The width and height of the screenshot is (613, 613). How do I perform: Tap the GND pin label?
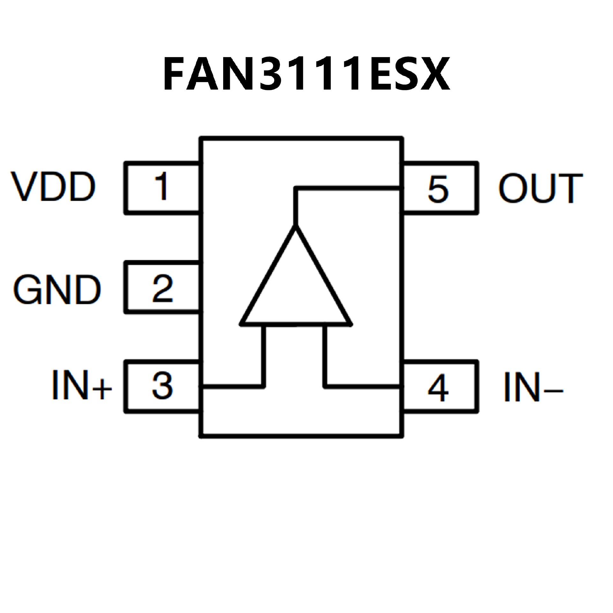pos(57,290)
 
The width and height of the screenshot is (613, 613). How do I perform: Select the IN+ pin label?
pos(81,385)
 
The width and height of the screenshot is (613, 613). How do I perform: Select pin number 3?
pos(162,385)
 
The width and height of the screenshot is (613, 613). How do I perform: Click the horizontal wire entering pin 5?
pos(348,189)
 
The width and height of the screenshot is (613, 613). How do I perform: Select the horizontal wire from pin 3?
pos(233,387)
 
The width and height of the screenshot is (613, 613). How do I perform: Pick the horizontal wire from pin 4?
pos(362,387)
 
